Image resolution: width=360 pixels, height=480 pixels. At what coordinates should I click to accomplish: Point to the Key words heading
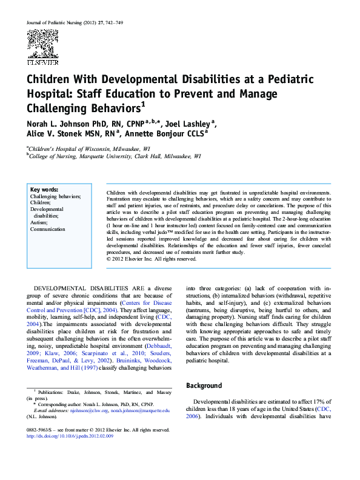44,190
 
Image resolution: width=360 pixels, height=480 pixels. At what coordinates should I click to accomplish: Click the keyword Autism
39,222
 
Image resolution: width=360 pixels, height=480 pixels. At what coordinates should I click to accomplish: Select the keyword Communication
47,229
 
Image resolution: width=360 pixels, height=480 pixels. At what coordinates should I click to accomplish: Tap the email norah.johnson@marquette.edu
139,410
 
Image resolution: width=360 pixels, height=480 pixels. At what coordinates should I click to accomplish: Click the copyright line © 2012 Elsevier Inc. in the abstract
152,259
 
